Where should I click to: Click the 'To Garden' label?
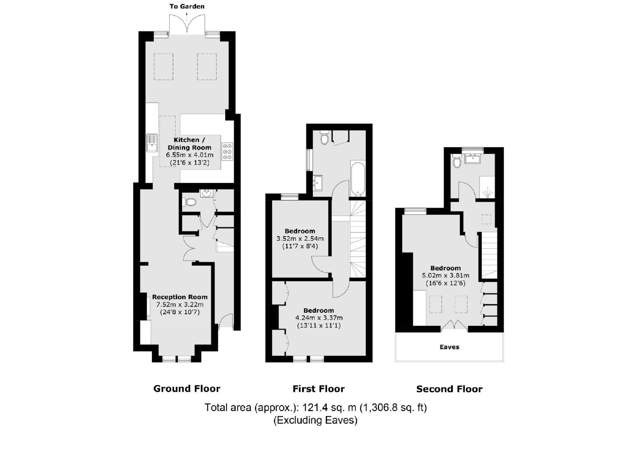coord(187,6)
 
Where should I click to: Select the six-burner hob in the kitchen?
coord(227,152)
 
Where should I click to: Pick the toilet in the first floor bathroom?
coord(325,138)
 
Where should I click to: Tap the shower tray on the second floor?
coord(487,188)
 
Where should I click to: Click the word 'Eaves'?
coord(449,347)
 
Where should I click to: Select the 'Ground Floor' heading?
coord(187,388)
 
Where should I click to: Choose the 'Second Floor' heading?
coord(449,389)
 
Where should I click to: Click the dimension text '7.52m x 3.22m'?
coord(180,304)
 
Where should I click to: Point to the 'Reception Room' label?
coord(180,297)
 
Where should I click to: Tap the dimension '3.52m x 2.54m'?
coord(300,238)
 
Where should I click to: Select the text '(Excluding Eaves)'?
coord(315,420)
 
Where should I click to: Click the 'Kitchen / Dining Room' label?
coord(189,144)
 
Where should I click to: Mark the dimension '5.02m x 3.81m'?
coord(446,276)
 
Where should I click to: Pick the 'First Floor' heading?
coord(319,389)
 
